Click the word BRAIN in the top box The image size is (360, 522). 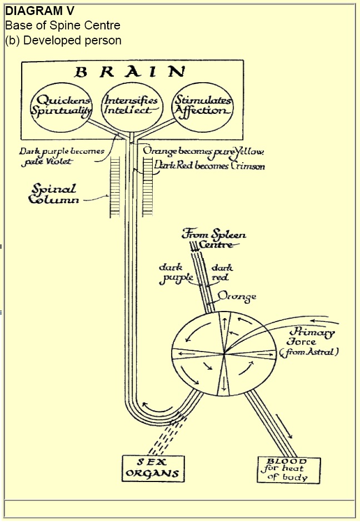(131, 72)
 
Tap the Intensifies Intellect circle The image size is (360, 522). (131, 106)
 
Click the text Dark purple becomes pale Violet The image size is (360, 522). (61, 156)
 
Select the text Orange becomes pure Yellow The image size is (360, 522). (203, 150)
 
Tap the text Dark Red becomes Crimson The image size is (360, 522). (209, 165)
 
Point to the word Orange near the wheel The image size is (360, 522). (237, 297)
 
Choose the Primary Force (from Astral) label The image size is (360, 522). (311, 341)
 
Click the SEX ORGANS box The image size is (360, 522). (152, 468)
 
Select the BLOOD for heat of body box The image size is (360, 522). (289, 469)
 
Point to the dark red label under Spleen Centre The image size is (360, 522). (220, 273)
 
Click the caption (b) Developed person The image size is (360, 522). (63, 40)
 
